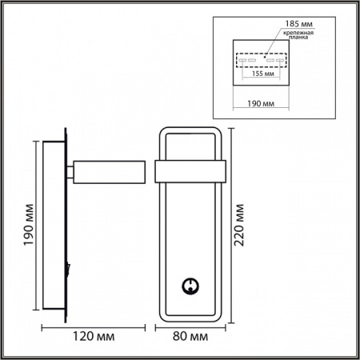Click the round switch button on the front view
[190, 283]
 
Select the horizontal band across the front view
[191, 172]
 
